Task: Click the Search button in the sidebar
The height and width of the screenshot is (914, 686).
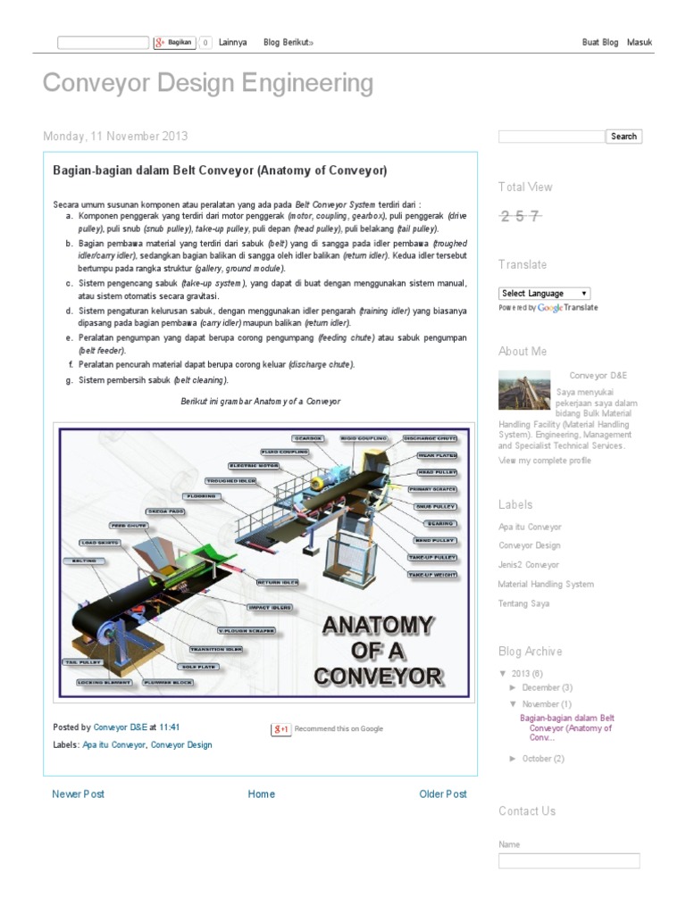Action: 623,137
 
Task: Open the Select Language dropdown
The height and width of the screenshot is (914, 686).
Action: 544,293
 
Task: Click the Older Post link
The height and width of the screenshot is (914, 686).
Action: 443,794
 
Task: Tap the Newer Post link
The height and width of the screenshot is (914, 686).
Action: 78,794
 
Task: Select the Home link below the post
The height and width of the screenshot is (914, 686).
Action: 261,794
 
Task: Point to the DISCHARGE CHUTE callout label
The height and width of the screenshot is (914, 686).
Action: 430,439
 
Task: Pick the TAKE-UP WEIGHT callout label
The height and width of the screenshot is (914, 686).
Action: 432,576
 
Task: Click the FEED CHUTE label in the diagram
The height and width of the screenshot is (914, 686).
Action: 129,526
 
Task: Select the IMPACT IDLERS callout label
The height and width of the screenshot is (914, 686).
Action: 269,607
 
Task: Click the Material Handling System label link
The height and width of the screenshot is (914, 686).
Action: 546,584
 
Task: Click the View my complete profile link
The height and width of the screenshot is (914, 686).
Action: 544,461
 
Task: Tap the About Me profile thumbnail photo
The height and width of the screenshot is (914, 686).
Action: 524,390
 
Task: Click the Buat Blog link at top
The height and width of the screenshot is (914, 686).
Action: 599,42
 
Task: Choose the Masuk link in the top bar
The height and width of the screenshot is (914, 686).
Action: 640,42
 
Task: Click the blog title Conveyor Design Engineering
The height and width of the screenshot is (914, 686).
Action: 208,83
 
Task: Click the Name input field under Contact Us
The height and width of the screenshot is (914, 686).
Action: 569,860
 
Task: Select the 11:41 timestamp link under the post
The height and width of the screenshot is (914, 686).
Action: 169,727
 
